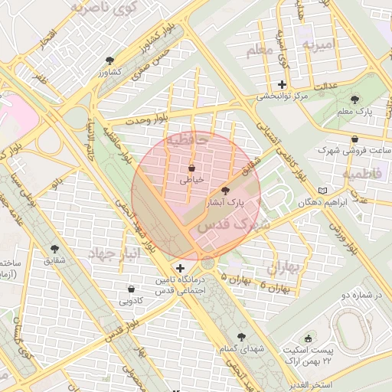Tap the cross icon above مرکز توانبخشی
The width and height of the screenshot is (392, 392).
click(x=282, y=84)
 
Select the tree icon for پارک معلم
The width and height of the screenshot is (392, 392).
click(x=354, y=100)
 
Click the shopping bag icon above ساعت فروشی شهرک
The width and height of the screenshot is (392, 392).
click(x=354, y=139)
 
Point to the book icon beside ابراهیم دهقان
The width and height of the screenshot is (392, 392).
click(x=322, y=190)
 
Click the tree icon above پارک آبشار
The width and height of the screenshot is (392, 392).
click(x=224, y=191)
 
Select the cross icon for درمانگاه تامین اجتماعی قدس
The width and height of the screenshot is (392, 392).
click(x=179, y=268)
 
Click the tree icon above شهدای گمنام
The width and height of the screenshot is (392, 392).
click(x=241, y=336)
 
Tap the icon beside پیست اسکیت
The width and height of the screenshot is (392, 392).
click(x=309, y=338)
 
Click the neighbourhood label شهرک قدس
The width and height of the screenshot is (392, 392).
click(x=233, y=225)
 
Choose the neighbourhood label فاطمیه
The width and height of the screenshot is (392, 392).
click(x=366, y=174)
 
